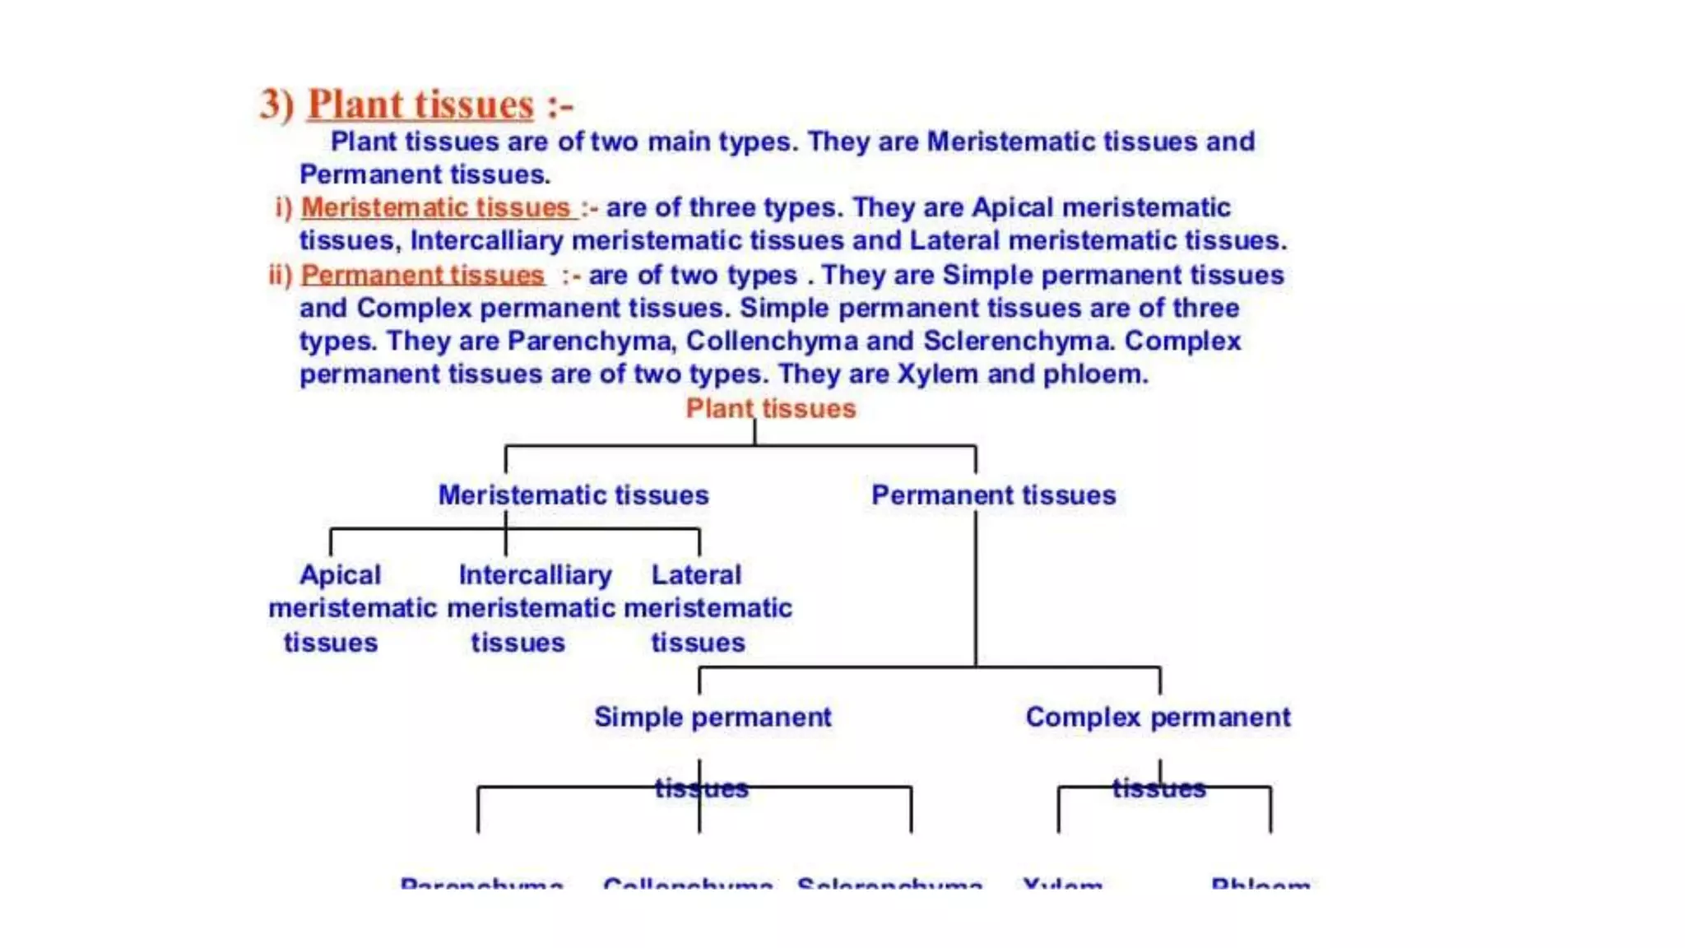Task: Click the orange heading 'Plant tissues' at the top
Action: point(420,105)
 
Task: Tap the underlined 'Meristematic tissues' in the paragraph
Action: point(436,207)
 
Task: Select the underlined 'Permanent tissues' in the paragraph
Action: point(423,275)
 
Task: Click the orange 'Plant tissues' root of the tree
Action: point(771,408)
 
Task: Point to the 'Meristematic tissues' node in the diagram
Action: point(573,495)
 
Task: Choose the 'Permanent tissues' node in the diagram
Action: point(994,495)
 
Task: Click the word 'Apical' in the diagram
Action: point(340,574)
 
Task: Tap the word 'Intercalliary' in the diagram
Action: point(536,574)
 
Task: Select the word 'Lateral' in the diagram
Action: point(696,574)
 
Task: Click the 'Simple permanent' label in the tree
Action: point(713,717)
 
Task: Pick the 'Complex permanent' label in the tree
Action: point(1158,717)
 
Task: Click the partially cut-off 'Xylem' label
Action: point(1062,884)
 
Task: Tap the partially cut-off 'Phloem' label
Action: point(1260,884)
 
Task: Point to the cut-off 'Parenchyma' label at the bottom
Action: point(481,884)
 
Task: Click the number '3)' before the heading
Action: point(276,105)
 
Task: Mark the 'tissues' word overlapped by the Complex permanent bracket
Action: point(1158,788)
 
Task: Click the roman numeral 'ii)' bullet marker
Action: point(281,275)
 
